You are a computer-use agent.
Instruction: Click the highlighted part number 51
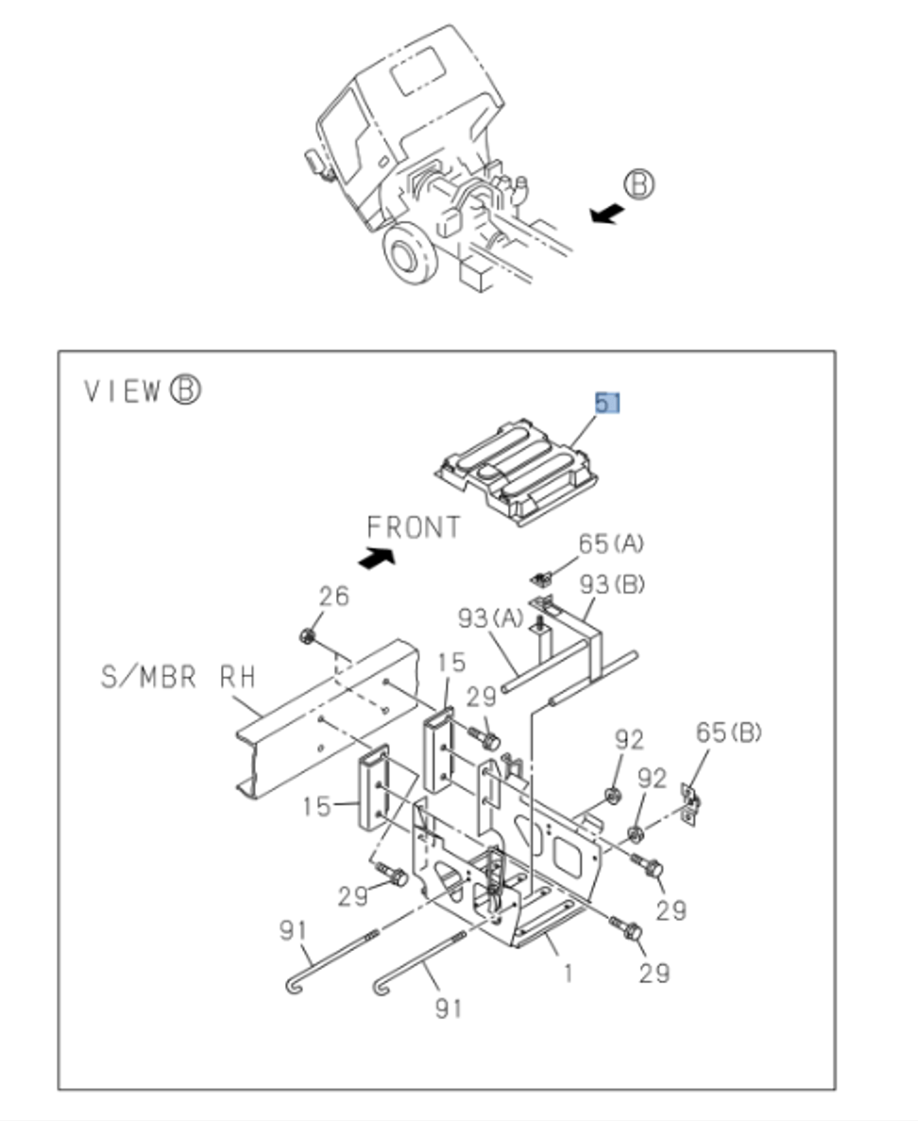(x=606, y=403)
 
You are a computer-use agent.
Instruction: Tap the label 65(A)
(x=611, y=544)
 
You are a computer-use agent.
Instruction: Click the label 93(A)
(x=490, y=618)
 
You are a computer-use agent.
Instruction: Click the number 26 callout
(x=332, y=596)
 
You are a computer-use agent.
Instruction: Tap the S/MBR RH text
(x=178, y=677)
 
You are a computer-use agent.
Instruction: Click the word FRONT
(x=414, y=527)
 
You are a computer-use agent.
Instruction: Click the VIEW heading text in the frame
(x=123, y=391)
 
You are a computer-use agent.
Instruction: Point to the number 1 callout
(x=567, y=972)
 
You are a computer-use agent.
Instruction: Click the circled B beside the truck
(x=640, y=183)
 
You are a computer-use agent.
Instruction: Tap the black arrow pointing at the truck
(x=605, y=214)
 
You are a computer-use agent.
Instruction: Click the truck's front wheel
(x=412, y=254)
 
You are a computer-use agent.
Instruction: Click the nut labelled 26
(x=307, y=634)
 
